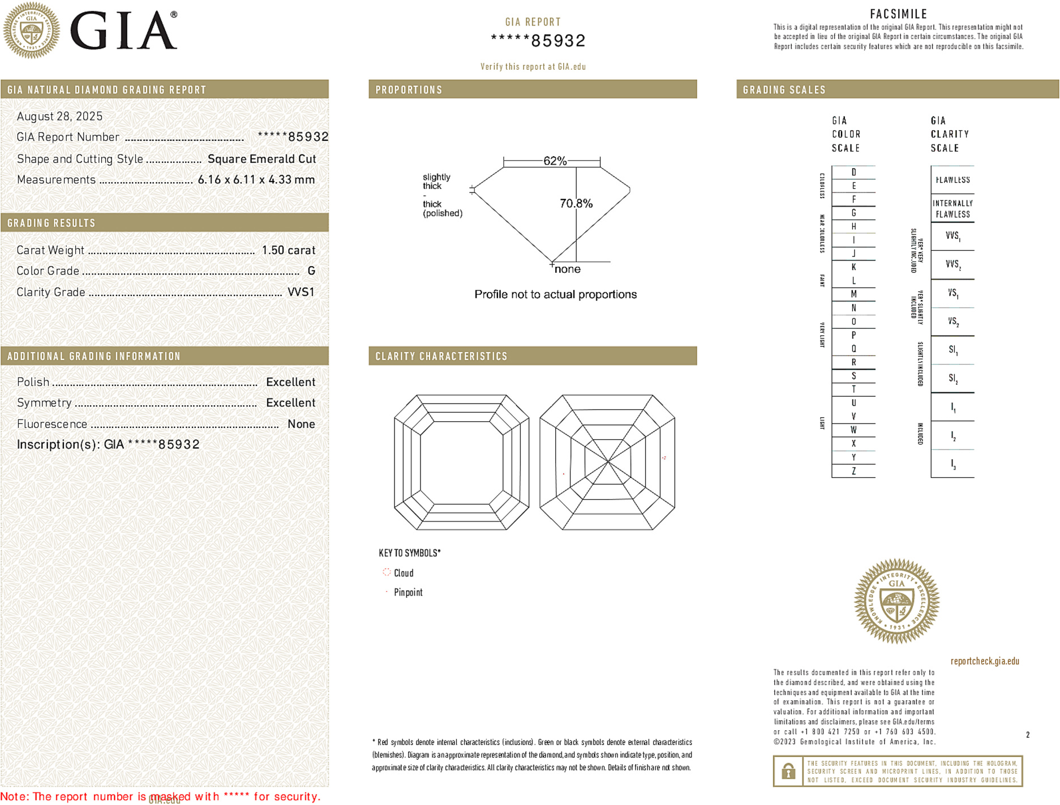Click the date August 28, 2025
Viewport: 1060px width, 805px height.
tap(59, 116)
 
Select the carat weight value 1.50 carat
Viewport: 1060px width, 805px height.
tap(288, 250)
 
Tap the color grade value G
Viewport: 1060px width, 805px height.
tap(311, 271)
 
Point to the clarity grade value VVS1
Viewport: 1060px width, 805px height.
tap(301, 292)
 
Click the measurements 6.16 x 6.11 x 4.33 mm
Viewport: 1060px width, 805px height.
tap(256, 179)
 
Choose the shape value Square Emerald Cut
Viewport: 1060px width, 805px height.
tap(261, 159)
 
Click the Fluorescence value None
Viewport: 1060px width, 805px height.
tap(301, 424)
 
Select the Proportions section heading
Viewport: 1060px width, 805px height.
tap(409, 90)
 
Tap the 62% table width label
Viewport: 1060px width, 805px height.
tap(555, 161)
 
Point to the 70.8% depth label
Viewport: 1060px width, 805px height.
tap(576, 203)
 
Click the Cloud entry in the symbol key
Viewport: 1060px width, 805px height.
tap(404, 573)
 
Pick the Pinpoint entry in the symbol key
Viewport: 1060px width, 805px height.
tap(408, 592)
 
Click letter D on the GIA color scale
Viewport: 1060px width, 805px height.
tap(853, 172)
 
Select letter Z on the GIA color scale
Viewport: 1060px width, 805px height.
tap(853, 471)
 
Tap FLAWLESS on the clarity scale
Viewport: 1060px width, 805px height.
tap(952, 180)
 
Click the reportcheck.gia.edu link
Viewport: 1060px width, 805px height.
tap(985, 661)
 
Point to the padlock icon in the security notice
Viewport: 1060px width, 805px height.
tap(788, 771)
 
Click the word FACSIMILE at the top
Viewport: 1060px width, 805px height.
tap(898, 14)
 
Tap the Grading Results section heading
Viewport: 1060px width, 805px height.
tap(52, 223)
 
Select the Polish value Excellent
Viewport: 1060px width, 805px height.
tap(290, 382)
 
